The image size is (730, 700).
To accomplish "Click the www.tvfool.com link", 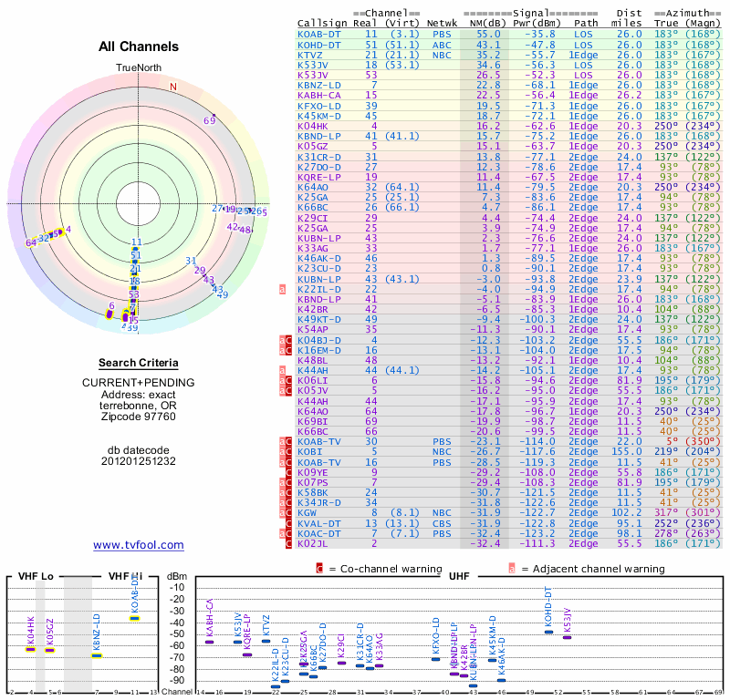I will pos(138,545).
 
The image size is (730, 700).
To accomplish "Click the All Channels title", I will pos(138,46).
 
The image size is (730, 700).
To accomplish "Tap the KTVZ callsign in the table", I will pos(310,55).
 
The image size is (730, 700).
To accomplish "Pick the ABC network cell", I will pos(441,44).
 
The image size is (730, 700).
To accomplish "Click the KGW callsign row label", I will pos(307,512).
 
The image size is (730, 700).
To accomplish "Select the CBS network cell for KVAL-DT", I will pos(441,523).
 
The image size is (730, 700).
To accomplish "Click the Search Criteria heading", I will pos(138,363).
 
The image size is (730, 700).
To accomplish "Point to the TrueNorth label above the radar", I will pos(138,69).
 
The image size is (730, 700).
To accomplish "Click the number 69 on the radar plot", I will pos(209,120).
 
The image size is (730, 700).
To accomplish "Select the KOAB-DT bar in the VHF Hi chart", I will pos(134,618).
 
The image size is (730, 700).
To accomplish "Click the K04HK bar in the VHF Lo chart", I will pos(30,649).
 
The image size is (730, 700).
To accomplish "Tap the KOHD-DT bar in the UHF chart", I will pos(548,628).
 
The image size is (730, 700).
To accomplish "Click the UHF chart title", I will pos(458,576).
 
